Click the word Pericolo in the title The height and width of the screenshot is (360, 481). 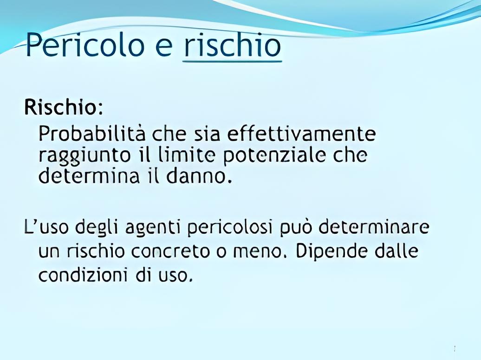tap(85, 45)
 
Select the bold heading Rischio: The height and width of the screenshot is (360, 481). tap(63, 107)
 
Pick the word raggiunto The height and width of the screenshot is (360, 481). tap(84, 156)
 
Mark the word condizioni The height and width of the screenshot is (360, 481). tap(83, 275)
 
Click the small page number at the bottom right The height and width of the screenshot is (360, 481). tap(455, 348)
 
